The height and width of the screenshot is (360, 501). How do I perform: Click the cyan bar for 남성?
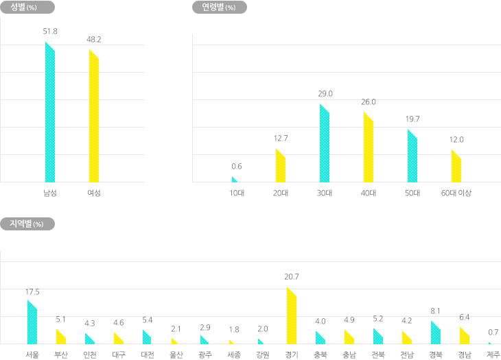click(50, 113)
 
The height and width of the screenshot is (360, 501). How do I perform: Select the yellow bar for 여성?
click(94, 117)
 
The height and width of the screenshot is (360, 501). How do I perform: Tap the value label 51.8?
click(50, 32)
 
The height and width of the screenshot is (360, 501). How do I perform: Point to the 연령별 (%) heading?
click(218, 8)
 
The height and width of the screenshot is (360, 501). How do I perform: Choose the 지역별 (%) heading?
click(27, 224)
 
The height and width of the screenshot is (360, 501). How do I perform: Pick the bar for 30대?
click(324, 144)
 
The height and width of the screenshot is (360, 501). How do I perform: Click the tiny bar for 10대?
click(235, 179)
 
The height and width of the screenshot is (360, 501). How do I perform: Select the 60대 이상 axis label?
click(456, 193)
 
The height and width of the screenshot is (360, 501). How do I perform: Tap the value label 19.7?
click(412, 119)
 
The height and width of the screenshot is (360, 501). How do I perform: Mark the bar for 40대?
click(368, 147)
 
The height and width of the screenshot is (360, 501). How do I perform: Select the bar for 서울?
click(32, 323)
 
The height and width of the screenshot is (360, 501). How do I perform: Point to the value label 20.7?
click(291, 276)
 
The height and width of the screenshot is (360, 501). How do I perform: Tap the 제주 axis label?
click(492, 354)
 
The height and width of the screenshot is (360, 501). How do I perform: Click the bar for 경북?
click(435, 333)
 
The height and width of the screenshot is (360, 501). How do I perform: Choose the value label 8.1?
click(435, 311)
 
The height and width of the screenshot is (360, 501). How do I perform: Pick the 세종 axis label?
click(233, 354)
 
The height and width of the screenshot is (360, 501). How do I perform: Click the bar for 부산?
click(61, 337)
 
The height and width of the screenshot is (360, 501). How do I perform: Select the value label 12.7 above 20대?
click(280, 138)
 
